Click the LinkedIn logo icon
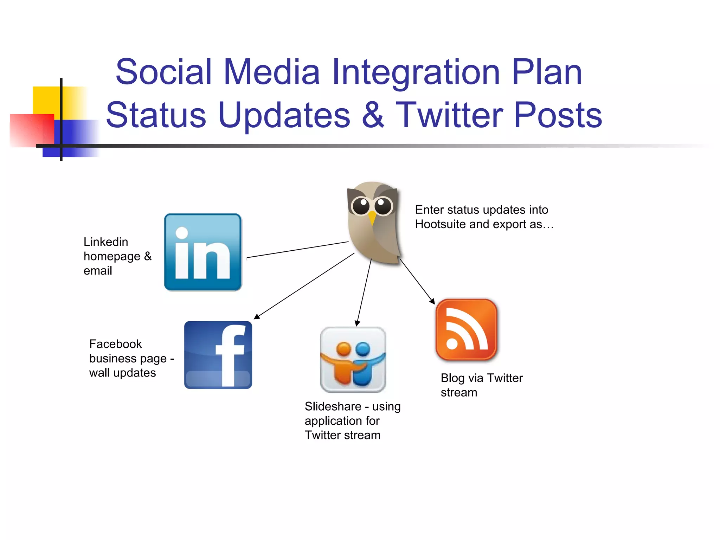(x=203, y=252)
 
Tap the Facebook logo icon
(x=218, y=355)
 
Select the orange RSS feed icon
(x=466, y=330)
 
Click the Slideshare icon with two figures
(x=353, y=360)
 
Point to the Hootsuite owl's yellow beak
(x=372, y=218)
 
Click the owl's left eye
(x=361, y=206)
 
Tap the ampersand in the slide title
(x=373, y=115)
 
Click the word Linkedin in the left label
(x=105, y=242)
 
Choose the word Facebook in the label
(x=115, y=344)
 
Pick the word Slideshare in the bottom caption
(x=333, y=406)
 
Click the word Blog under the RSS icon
(x=452, y=378)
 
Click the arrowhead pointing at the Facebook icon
(x=257, y=316)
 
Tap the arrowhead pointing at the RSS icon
(x=432, y=301)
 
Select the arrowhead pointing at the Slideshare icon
(x=357, y=323)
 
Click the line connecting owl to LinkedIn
(x=297, y=250)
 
